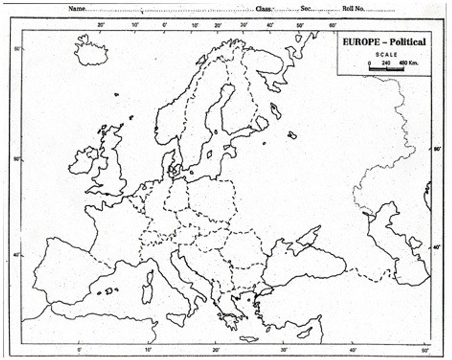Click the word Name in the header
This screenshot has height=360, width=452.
[x=77, y=9]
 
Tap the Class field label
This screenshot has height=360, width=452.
[x=264, y=9]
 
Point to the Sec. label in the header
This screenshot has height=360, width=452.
[x=306, y=9]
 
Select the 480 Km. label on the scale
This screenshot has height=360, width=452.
[x=408, y=63]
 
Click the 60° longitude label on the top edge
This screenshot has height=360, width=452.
[x=332, y=25]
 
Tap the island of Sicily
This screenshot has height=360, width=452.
[x=177, y=319]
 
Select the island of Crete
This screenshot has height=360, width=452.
[x=249, y=339]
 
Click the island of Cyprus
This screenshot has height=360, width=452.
[x=305, y=333]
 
